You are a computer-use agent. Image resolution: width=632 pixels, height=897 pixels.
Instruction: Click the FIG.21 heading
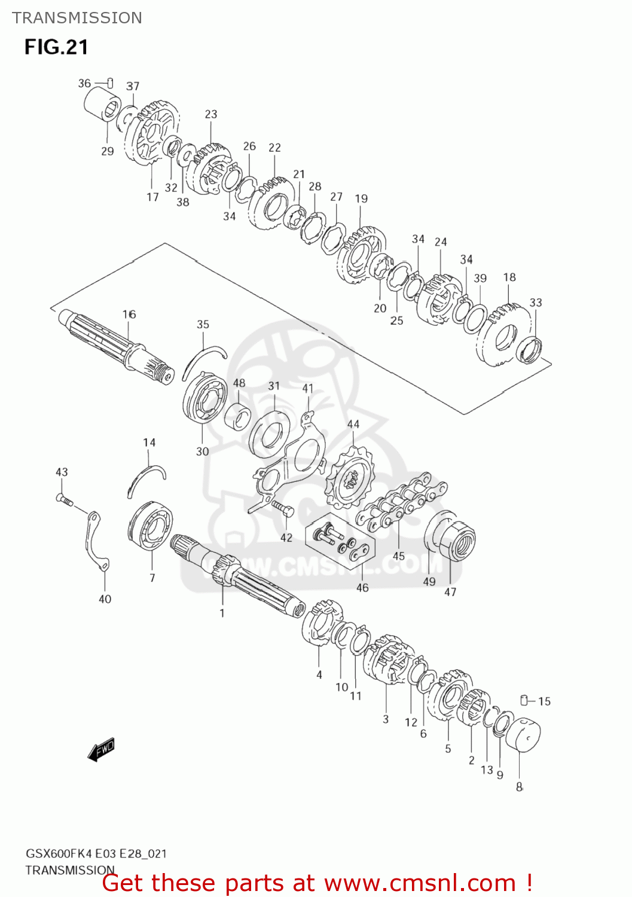pos(56,47)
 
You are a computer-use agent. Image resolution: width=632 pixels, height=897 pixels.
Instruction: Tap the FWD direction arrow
pos(101,749)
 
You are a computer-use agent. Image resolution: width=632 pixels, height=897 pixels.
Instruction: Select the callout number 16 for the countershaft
pos(129,314)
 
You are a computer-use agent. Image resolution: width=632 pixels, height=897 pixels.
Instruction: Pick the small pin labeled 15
pos(524,700)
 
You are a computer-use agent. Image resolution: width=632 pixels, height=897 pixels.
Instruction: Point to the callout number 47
pos(450,591)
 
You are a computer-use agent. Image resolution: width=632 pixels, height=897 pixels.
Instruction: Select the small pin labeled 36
pos(109,83)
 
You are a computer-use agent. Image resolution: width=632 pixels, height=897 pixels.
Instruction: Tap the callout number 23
pos(211,114)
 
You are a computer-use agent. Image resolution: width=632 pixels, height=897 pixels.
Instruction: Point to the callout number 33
pos(536,303)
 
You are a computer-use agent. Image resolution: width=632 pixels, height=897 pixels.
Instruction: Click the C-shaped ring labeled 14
pos(146,476)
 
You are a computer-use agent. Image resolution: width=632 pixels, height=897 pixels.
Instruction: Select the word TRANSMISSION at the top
pos(77,18)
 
